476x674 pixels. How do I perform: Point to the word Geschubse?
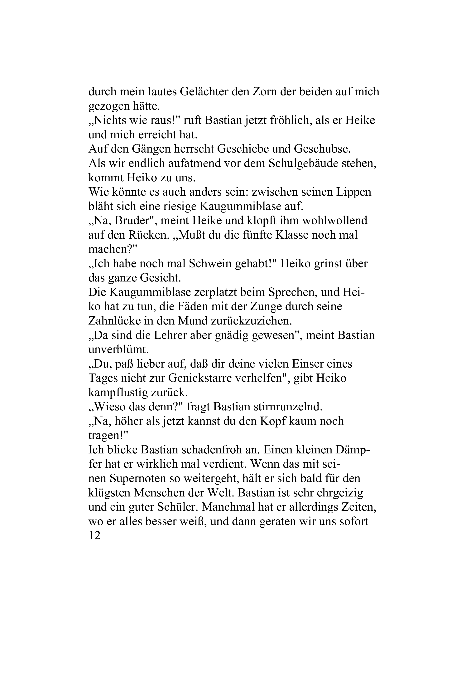[322, 149]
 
